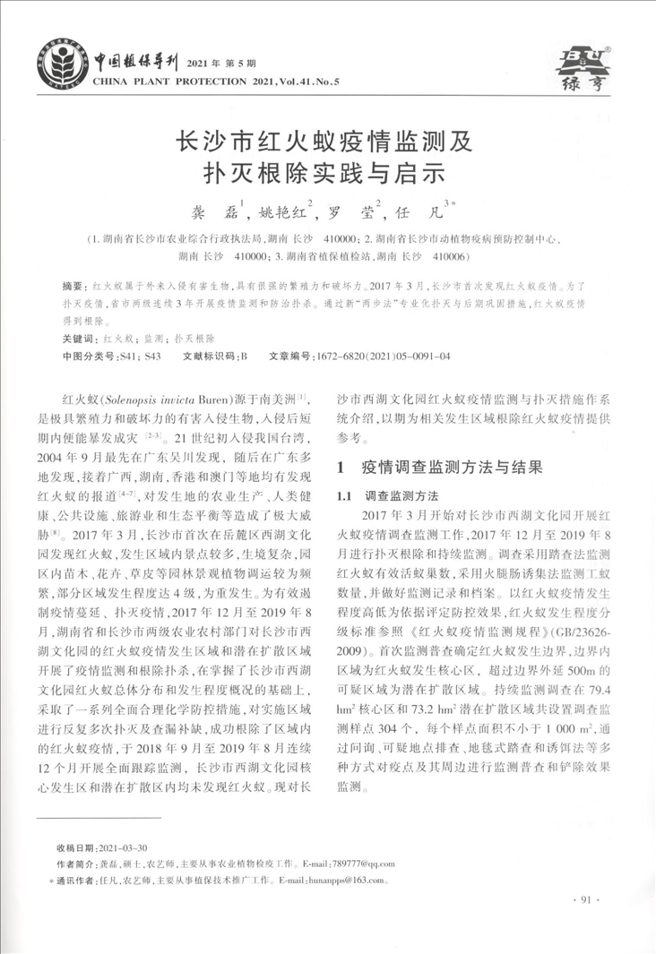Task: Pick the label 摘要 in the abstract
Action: pos(73,285)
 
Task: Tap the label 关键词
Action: pos(79,341)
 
